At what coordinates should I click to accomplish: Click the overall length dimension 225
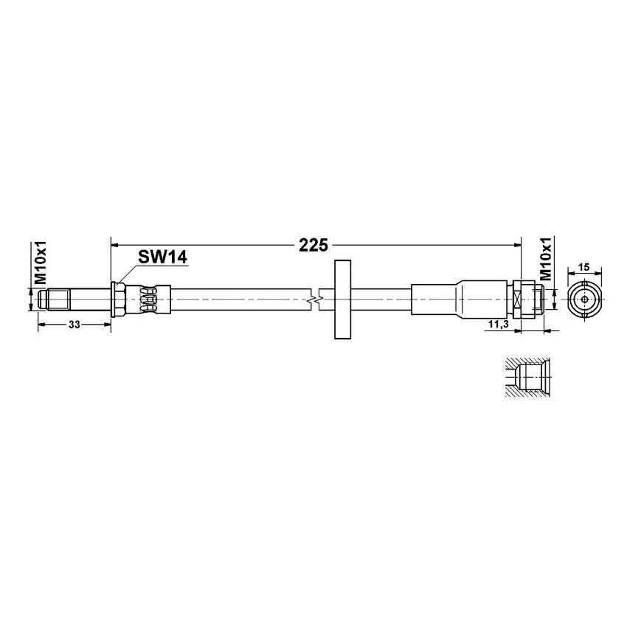[x=313, y=245]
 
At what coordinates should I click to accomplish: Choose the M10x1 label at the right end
[x=547, y=259]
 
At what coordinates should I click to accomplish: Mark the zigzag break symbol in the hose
[x=316, y=300]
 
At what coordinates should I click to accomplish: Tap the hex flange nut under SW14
[x=117, y=299]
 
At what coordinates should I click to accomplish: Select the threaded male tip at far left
[x=46, y=300]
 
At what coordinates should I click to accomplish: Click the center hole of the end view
[x=584, y=300]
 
